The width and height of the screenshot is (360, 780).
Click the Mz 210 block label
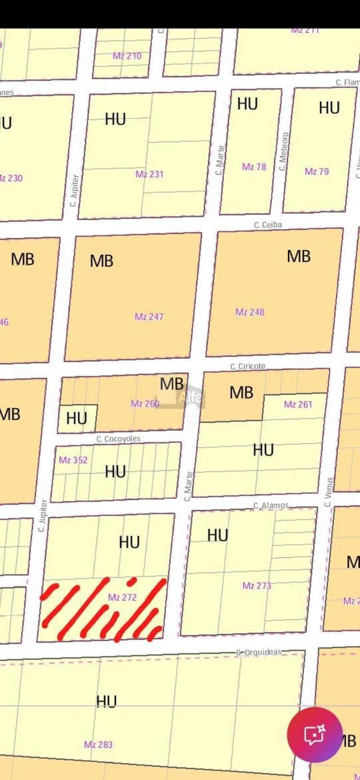(x=127, y=56)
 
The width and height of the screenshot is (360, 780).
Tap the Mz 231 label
(x=149, y=174)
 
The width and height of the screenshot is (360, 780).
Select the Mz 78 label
(x=254, y=166)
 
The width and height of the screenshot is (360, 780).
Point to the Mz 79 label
(x=317, y=171)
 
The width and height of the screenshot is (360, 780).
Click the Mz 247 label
(x=149, y=317)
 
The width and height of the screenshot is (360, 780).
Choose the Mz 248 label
(x=250, y=312)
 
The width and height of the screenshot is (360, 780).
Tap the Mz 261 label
(x=298, y=404)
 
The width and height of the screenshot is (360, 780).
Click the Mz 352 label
(x=73, y=460)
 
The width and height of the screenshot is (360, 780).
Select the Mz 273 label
(x=256, y=585)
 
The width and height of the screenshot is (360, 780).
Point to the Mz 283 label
(x=98, y=744)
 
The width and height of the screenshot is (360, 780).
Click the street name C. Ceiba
(x=268, y=224)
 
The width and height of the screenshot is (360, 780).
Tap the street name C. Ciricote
(x=247, y=366)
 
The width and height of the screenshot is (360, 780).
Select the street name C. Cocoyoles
(x=118, y=439)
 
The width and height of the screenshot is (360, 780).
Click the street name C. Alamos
(x=271, y=506)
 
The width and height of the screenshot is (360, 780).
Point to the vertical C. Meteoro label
(x=284, y=152)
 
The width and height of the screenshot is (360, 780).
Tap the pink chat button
(x=314, y=734)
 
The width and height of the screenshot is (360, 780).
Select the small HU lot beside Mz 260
(x=77, y=418)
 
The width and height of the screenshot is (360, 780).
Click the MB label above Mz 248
(x=298, y=256)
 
